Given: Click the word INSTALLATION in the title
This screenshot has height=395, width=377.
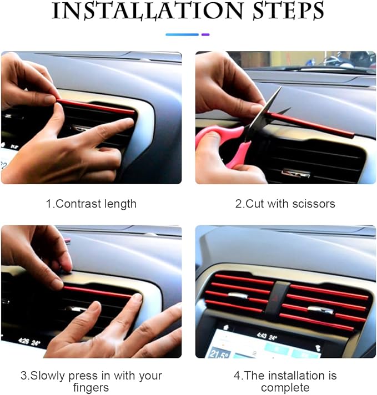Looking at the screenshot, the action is click(x=147, y=11).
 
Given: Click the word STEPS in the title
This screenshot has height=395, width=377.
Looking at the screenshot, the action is click(x=288, y=11).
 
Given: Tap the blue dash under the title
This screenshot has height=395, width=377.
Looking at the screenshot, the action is click(x=182, y=34).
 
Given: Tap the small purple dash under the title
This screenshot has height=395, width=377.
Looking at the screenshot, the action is click(x=205, y=34).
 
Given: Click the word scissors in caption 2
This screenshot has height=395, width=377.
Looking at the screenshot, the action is click(x=314, y=204).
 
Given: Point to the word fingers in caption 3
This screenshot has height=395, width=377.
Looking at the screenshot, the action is click(x=91, y=387).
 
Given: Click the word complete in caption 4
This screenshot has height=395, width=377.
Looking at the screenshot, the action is click(x=285, y=387).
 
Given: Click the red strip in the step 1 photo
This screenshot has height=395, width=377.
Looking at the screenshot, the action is click(x=95, y=107).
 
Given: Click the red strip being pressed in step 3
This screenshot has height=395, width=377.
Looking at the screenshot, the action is click(x=98, y=292).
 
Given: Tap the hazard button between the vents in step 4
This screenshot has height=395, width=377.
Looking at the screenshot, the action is click(x=276, y=298).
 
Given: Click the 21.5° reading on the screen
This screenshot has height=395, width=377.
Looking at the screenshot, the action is click(x=219, y=353).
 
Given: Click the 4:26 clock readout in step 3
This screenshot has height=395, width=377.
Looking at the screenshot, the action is click(x=24, y=341).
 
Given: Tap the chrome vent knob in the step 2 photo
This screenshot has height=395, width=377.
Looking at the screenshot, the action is click(x=295, y=173).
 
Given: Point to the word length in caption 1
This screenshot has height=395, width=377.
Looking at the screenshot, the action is click(x=118, y=204).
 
